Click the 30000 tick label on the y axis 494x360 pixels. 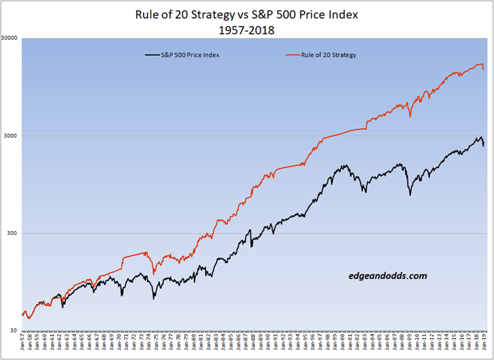10,38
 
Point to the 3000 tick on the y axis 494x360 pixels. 12,135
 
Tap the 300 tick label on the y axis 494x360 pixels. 14,233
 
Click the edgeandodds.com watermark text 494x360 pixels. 388,276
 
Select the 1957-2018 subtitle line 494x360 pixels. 247,29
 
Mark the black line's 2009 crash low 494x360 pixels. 410,194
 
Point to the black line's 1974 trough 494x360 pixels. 154,298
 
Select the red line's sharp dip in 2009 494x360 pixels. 410,117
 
